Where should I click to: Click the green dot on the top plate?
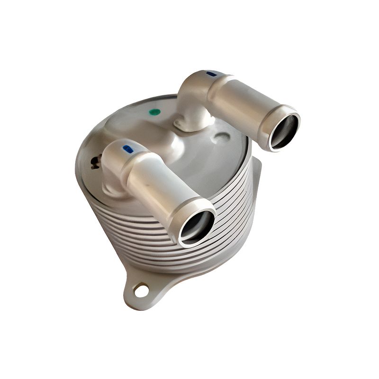tap(154, 112)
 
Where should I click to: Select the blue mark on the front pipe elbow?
tap(127, 149)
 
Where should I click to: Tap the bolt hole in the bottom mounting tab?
tap(141, 289)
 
